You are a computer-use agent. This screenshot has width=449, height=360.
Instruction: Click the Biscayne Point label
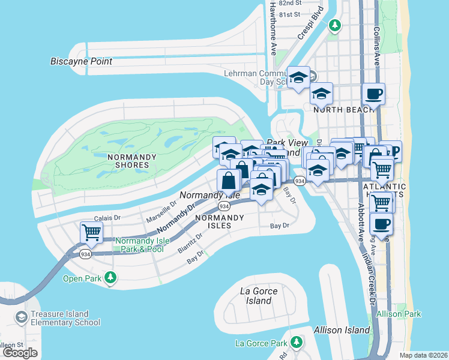click(x=79, y=61)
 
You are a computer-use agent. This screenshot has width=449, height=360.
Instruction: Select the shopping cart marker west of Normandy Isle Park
click(x=91, y=232)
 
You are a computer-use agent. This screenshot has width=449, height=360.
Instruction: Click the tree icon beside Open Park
click(x=110, y=278)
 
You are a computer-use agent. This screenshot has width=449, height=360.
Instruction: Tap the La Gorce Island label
click(x=259, y=296)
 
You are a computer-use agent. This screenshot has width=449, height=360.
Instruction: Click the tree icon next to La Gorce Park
click(x=296, y=342)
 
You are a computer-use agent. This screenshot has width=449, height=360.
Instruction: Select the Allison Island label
click(x=342, y=330)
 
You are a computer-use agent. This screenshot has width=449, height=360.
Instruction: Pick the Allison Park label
click(x=399, y=314)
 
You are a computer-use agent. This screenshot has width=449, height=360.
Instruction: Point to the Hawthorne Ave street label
click(x=272, y=28)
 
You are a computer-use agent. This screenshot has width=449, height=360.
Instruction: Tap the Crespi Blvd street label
click(x=311, y=22)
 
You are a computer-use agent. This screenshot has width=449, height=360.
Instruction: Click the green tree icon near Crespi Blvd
click(x=335, y=25)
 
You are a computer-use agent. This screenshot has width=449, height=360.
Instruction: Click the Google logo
click(x=20, y=352)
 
